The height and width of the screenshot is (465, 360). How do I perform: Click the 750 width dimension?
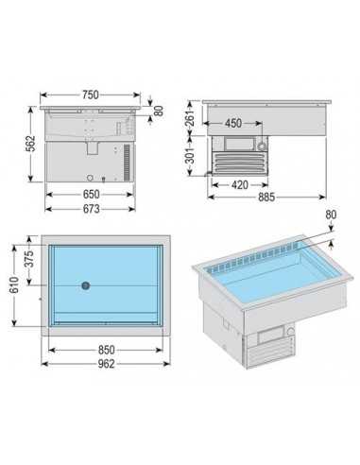(x=90, y=95)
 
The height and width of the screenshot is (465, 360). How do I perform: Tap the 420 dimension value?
(x=239, y=185)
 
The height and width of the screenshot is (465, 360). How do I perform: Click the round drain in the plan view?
(x=85, y=284)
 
